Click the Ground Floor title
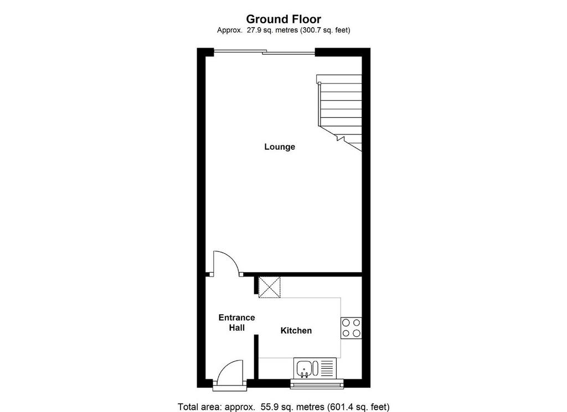pos(283,19)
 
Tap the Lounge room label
pos(280,147)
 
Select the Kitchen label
pos(296,330)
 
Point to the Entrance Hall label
pos(236,322)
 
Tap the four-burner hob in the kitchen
pos(351,328)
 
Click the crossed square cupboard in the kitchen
pos(270,288)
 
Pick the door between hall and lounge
pos(226,263)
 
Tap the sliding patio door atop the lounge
pos(264,53)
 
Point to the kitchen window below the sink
pos(317,384)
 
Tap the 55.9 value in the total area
pos(267,407)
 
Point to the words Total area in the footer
pos(199,407)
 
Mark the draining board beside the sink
pos(327,369)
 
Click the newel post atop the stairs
pos(319,84)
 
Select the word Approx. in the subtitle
pos(230,30)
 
